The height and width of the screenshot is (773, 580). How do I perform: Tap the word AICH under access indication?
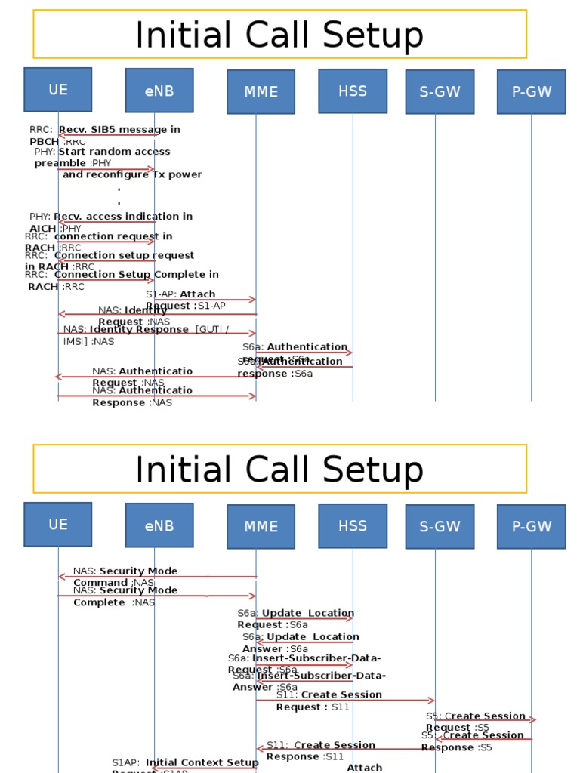[x=43, y=229]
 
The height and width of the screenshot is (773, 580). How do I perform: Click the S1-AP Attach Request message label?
[x=185, y=300]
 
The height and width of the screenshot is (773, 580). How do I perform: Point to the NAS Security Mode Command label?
[x=125, y=577]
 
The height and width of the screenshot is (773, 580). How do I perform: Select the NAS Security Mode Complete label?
[x=125, y=596]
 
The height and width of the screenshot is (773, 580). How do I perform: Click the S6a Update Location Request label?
[x=295, y=619]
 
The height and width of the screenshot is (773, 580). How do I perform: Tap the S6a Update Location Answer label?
[x=301, y=642]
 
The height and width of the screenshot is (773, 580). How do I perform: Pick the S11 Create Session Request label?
[x=329, y=701]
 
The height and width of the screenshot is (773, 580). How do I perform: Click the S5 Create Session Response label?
[x=472, y=741]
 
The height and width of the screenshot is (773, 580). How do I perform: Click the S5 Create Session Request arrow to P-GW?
[x=483, y=720]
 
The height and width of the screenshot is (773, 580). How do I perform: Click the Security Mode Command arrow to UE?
[x=158, y=577]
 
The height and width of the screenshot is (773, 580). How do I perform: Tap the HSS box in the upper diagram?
[x=353, y=91]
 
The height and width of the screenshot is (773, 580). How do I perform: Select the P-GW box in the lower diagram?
[x=532, y=526]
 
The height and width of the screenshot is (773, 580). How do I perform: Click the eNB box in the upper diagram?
[x=159, y=91]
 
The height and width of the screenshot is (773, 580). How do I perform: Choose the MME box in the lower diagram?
[x=261, y=526]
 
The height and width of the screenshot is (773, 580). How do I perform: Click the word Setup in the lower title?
[x=367, y=470]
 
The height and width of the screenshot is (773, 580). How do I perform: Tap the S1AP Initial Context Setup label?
[x=185, y=764]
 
